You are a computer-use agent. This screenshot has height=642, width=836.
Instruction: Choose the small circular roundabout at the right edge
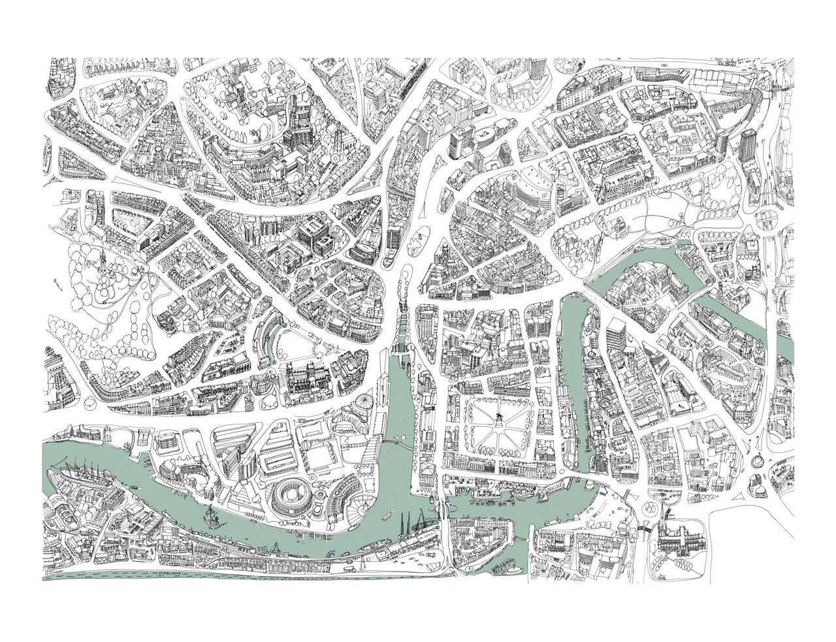point(760,459)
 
